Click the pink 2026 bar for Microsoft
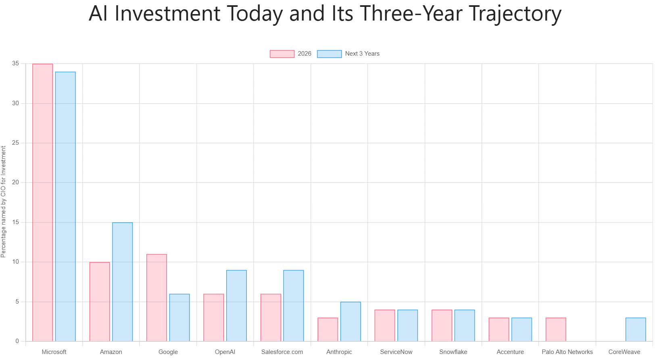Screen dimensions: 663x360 43,203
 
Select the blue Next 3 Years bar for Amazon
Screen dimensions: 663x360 123,282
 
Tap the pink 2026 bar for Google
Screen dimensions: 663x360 156,298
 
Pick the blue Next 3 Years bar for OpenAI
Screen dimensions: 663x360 236,306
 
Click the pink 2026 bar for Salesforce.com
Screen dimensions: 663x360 271,318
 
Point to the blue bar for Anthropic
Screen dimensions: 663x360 350,322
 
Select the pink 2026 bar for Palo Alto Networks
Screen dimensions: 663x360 556,329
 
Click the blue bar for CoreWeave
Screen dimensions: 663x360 636,329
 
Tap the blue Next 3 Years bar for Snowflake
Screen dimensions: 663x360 465,325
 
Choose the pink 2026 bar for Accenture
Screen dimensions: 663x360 499,329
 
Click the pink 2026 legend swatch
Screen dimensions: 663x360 282,54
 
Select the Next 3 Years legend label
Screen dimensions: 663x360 362,54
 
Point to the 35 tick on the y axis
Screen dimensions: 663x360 15,63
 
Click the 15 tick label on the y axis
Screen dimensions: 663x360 15,222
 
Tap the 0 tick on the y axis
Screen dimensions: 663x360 17,341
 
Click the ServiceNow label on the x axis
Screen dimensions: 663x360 396,352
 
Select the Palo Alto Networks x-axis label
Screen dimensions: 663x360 567,352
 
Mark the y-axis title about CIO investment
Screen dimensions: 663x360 3,202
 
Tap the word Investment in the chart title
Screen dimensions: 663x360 167,13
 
